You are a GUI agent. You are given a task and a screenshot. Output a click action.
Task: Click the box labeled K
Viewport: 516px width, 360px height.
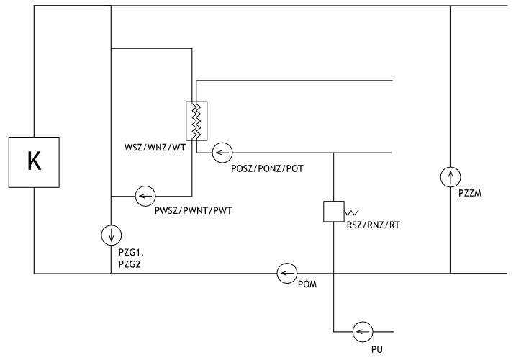click(34, 162)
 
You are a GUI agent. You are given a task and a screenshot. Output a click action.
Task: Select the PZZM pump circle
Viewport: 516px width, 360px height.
click(449, 176)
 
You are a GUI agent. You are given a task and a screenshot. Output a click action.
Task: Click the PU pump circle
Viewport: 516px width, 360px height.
click(359, 332)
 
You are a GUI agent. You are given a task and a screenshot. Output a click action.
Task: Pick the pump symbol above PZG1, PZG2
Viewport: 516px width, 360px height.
click(111, 233)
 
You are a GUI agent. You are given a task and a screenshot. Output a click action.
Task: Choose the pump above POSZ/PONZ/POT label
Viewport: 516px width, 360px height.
click(222, 153)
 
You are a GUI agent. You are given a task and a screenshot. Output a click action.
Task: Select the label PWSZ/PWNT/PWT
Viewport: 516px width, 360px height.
click(188, 210)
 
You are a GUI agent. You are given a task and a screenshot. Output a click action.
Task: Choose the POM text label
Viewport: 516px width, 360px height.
click(307, 286)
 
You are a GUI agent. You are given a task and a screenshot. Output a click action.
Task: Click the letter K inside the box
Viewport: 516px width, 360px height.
click(34, 162)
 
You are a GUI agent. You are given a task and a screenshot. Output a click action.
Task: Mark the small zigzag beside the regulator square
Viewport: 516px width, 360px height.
click(351, 214)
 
